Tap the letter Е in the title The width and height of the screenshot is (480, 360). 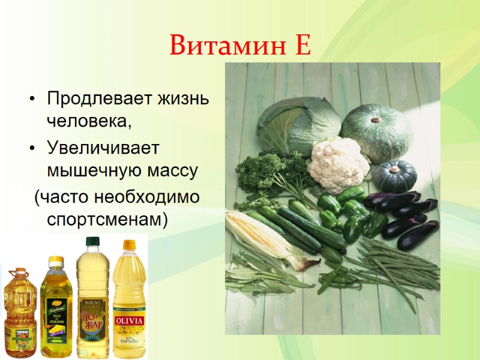tap(302, 45)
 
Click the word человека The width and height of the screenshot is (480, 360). tap(88, 121)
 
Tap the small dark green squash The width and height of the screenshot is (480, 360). tap(394, 175)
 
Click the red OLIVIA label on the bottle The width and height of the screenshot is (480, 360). tap(130, 318)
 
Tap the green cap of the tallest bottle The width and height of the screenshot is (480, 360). tap(92, 242)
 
